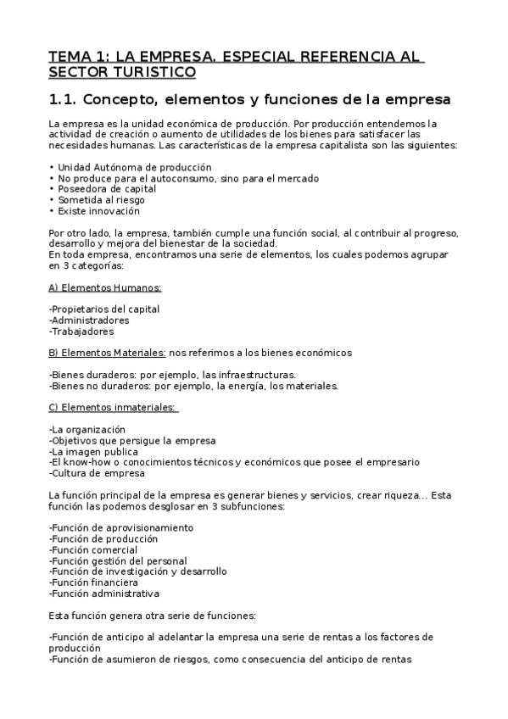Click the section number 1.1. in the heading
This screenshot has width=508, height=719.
[x=64, y=100]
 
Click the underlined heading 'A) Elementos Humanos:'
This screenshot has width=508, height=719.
[x=105, y=288]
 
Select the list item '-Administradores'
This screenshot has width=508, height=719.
[x=89, y=320]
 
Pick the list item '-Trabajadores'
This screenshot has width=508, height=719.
[x=81, y=332]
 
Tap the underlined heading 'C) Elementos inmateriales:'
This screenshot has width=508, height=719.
[x=112, y=408]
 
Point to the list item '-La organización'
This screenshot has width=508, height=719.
[x=87, y=430]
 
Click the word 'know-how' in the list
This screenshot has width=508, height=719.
[x=85, y=462]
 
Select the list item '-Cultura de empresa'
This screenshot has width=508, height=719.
[x=97, y=473]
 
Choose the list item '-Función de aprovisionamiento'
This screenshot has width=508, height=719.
[x=120, y=527]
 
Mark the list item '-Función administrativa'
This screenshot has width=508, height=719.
[x=103, y=594]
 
